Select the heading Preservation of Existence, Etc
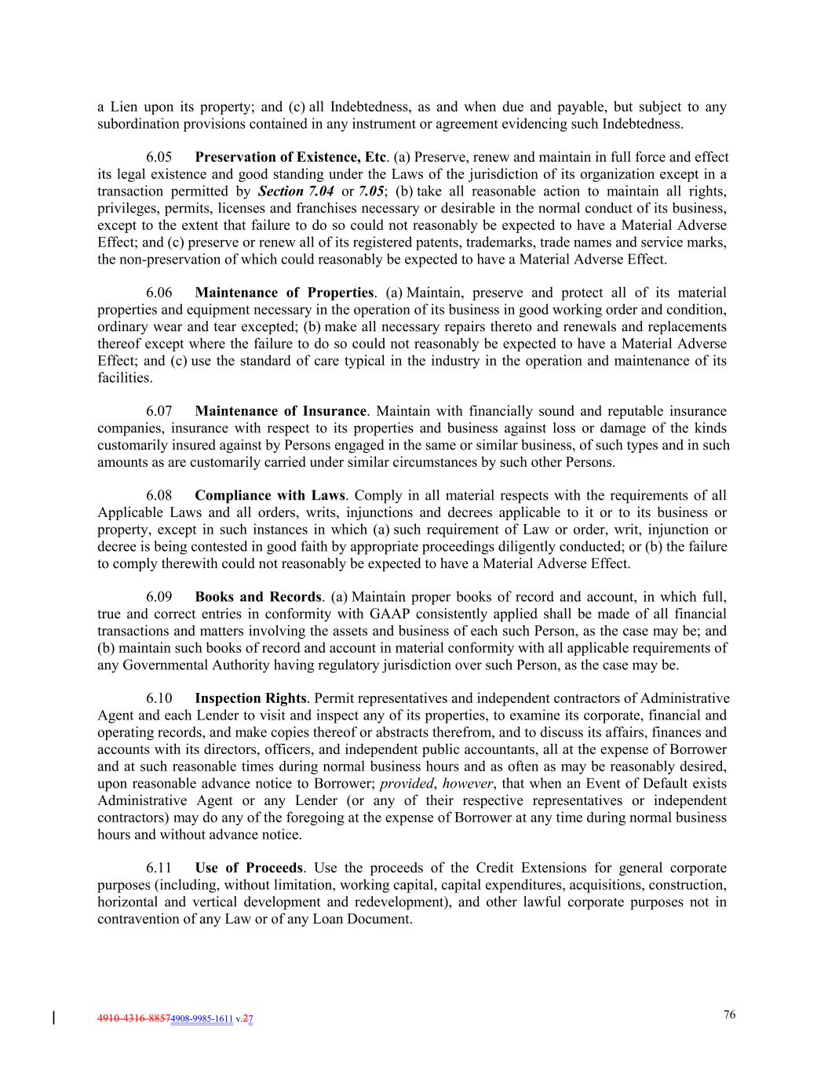[x=290, y=158]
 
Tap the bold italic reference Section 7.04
[x=295, y=191]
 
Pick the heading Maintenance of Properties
[x=284, y=293]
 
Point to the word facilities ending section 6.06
[x=124, y=378]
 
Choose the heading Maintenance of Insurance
[x=280, y=411]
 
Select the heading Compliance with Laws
[x=270, y=496]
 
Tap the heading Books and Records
[x=258, y=597]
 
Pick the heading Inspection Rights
[x=250, y=698]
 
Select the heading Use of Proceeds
[x=249, y=868]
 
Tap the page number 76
[x=729, y=1015]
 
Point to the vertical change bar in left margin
[x=53, y=1018]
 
